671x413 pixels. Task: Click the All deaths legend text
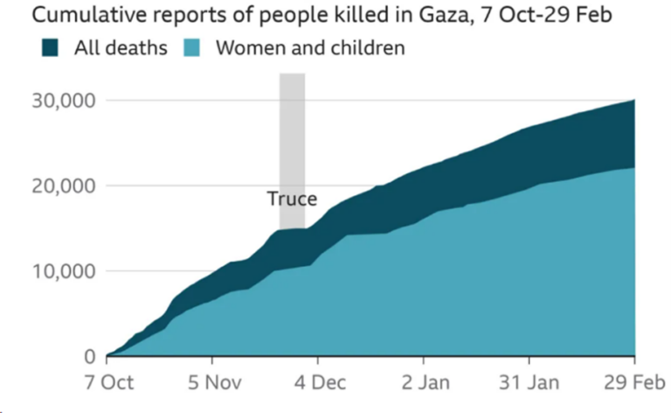121,47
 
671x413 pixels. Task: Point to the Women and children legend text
310,47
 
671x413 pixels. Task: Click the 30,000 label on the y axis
64,101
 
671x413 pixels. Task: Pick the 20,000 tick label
64,186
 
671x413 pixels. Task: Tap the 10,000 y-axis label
64,271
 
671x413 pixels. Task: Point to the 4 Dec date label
318,383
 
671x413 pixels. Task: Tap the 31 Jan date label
529,383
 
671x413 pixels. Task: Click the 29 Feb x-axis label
634,383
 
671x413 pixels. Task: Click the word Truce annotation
292,199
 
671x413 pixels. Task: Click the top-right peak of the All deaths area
633,101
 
